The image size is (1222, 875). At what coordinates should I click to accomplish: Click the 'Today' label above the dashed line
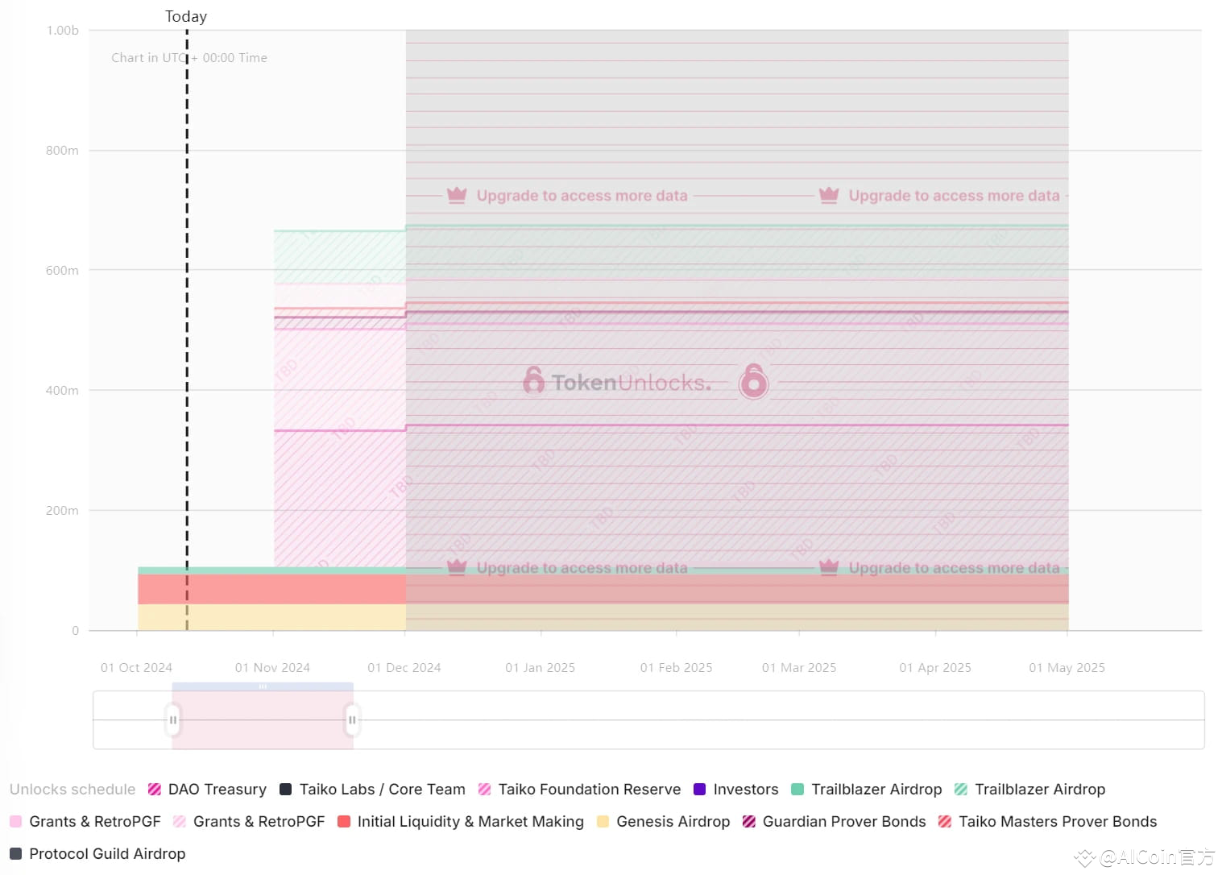[186, 17]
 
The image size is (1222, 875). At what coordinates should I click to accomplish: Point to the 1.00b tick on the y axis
[63, 31]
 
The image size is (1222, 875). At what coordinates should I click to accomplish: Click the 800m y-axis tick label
[62, 151]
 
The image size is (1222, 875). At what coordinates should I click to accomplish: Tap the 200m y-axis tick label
[62, 511]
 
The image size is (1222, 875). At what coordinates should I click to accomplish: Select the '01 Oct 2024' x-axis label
[136, 668]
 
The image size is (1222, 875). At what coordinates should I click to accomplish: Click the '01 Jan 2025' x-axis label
[540, 668]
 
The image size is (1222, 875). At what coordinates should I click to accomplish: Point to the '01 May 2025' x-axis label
[1067, 668]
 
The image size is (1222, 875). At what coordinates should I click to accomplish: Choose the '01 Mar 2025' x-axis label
[799, 668]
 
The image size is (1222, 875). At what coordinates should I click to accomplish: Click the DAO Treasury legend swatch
[155, 790]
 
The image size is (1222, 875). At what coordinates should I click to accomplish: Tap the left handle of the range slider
[172, 720]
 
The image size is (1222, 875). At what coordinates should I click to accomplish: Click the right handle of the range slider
[352, 720]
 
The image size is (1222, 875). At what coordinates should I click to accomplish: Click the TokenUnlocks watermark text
[631, 383]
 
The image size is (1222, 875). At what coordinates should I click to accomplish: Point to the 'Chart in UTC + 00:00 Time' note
[189, 58]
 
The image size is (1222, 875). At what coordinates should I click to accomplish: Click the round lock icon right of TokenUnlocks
[753, 382]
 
